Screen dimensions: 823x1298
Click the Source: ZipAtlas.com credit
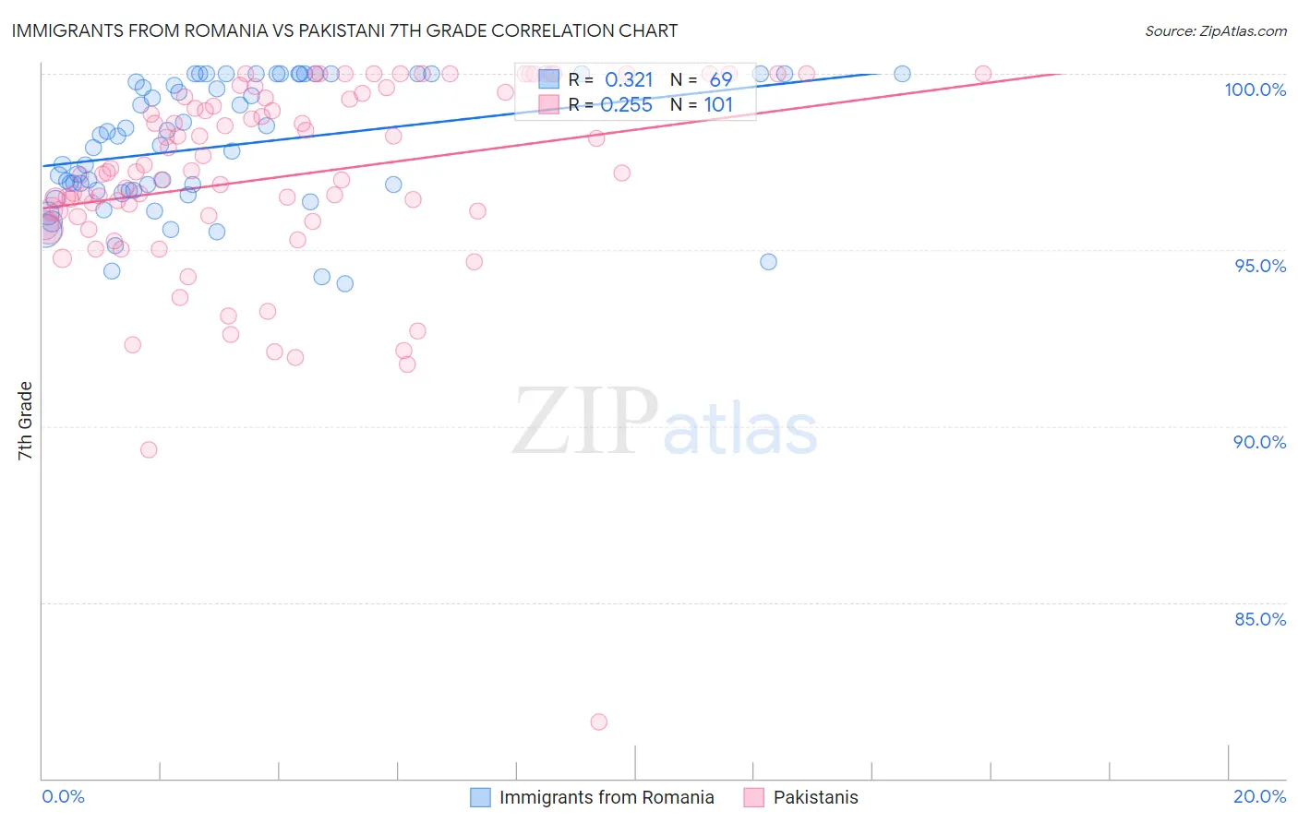1215,30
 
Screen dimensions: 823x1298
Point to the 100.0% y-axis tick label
1255,89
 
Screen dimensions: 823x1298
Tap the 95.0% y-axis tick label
1259,266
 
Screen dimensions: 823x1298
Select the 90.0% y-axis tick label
1259,442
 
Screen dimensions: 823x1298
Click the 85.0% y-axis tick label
1259,619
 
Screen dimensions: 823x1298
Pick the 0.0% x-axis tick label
63,796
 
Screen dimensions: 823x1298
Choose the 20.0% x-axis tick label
1259,796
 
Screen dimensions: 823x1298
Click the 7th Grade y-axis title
25,421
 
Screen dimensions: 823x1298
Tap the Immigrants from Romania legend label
607,797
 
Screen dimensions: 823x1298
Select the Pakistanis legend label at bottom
815,797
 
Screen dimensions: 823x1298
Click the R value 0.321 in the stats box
628,80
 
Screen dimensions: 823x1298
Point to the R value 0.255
626,105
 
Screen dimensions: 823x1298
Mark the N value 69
720,80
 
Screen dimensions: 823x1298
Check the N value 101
718,105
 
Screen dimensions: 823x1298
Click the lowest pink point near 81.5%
599,722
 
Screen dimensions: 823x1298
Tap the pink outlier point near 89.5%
149,449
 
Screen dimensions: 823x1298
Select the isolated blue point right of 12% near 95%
768,262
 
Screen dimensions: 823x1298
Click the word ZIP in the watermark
585,423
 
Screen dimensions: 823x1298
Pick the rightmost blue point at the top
902,74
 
